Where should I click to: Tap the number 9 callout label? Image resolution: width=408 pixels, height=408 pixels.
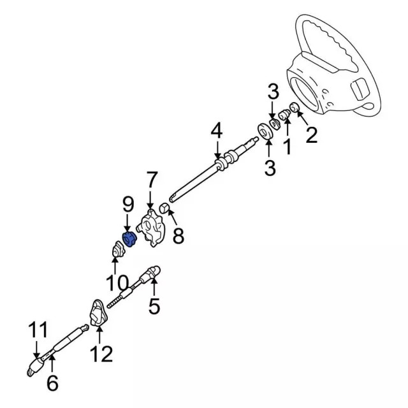(127, 205)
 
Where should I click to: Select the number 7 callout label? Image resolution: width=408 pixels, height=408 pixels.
(151, 180)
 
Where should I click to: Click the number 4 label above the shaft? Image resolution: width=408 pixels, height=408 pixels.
(217, 131)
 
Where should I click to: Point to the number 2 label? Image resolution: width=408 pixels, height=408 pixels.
(311, 135)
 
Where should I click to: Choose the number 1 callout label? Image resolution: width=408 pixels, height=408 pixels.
(287, 147)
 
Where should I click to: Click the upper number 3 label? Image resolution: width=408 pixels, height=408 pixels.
(273, 92)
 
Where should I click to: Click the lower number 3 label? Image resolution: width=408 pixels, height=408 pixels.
(270, 168)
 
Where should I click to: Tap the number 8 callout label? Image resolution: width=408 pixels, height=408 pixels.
(178, 236)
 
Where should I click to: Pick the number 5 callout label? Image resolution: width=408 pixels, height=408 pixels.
(154, 307)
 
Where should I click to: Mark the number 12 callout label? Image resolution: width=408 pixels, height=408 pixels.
(102, 353)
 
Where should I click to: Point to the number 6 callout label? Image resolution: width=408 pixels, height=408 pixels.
(52, 383)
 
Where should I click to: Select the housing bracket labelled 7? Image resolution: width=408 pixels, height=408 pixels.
(153, 228)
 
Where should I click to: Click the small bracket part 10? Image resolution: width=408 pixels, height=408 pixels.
(115, 251)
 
